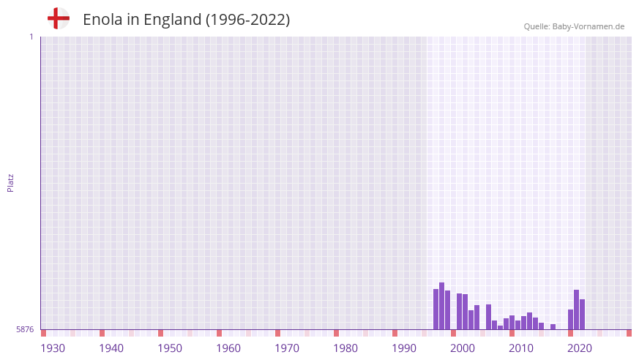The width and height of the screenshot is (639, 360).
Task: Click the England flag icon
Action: point(59,19)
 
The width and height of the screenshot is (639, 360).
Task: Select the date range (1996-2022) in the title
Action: point(247,20)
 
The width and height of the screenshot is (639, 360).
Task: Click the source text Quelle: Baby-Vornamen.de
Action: point(574,26)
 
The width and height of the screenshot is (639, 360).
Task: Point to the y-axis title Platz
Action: point(10,182)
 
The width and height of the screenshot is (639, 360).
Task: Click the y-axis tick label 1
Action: point(31,37)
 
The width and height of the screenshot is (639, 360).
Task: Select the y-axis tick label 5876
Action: point(25,329)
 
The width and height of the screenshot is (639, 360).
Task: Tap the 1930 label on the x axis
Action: point(53,348)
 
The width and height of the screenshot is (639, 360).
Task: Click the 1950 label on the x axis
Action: point(170,348)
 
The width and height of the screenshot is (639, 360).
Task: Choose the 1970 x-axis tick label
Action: point(287,348)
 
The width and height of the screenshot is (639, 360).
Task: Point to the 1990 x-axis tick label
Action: point(404,348)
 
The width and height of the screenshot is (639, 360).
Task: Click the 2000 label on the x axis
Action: point(463,348)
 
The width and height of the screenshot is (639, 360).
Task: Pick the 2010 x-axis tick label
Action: point(521,348)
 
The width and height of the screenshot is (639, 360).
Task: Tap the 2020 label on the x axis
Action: point(580,348)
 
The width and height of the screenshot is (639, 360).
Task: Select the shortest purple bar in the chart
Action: point(501,327)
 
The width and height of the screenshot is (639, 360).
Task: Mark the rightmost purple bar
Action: point(583,314)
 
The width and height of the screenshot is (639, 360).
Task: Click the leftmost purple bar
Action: point(436,309)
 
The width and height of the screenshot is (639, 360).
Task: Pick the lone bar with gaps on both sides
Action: point(553,326)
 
